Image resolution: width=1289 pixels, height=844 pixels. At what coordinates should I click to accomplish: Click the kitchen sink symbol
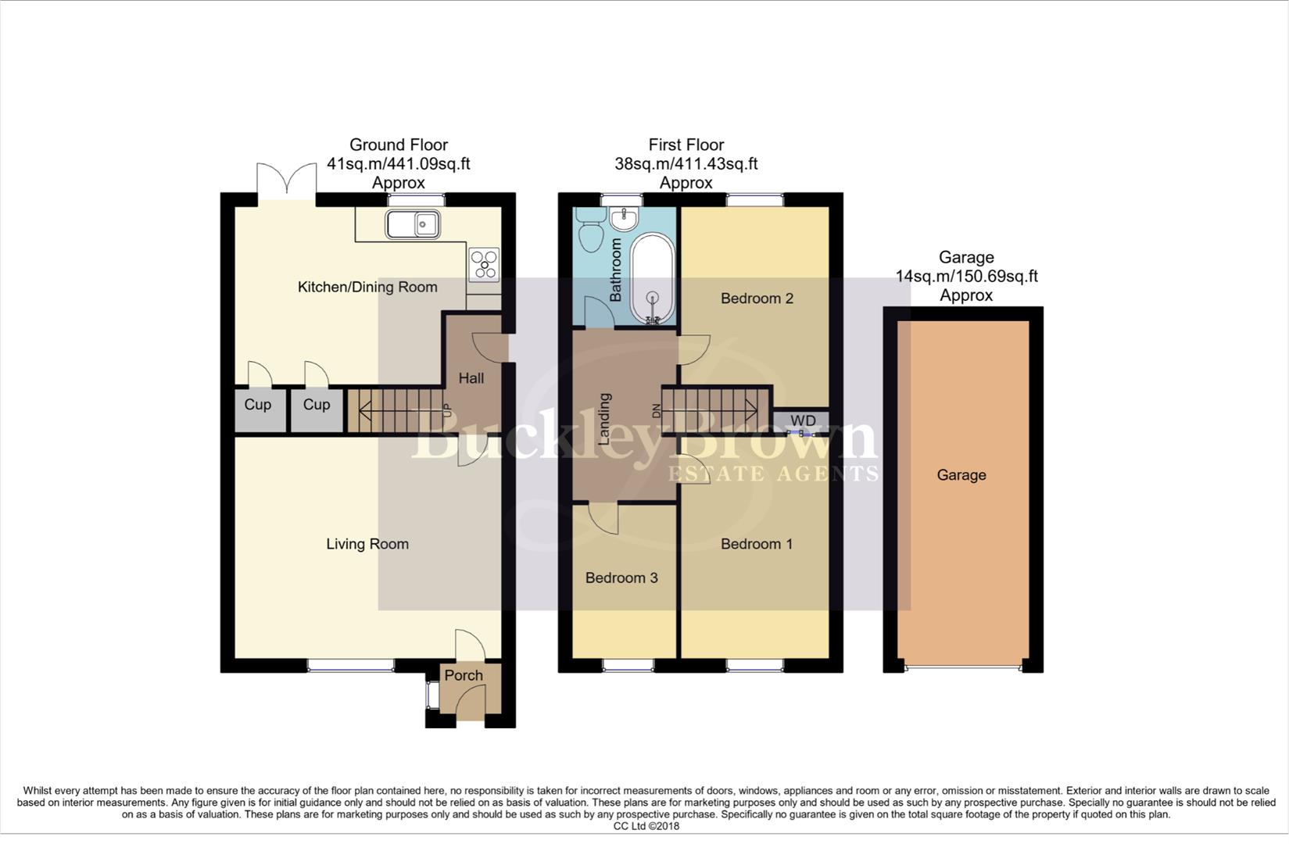[x=413, y=225]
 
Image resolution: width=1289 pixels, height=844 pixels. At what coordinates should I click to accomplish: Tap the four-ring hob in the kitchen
[x=484, y=264]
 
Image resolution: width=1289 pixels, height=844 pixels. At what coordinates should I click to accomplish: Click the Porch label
[x=464, y=675]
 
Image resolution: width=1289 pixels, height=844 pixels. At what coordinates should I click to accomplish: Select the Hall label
[x=471, y=378]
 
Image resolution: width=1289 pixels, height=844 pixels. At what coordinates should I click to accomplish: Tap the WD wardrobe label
[x=803, y=421]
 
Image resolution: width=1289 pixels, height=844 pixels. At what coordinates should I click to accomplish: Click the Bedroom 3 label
[x=621, y=578]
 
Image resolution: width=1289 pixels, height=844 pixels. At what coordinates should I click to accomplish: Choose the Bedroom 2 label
[x=757, y=299]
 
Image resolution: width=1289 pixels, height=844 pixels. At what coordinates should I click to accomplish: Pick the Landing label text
[x=603, y=419]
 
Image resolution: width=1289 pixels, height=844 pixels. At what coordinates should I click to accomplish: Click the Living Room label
[x=367, y=544]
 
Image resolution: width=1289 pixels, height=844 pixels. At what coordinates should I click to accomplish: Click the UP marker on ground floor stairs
[x=447, y=409]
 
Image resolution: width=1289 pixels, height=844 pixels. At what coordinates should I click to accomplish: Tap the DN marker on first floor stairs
[x=656, y=409]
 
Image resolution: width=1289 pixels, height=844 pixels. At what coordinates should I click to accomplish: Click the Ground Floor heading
[x=398, y=145]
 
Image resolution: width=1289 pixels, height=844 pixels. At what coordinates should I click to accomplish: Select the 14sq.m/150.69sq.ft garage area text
[x=966, y=277]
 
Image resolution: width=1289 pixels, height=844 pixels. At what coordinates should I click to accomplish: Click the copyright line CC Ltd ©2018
[x=646, y=826]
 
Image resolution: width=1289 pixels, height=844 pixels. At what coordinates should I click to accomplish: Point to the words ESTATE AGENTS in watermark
[x=772, y=474]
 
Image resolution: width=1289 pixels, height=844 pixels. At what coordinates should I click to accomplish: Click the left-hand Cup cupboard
[x=257, y=405]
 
